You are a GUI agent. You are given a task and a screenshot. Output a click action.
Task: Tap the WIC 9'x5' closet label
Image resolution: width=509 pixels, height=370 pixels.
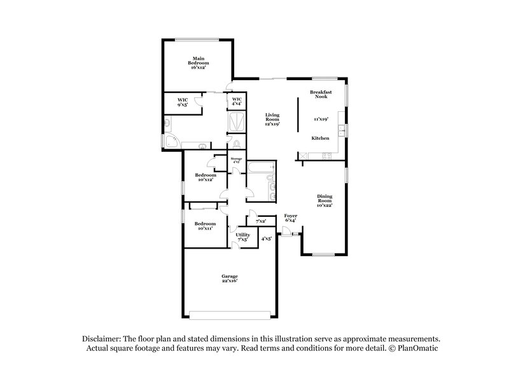click(182, 102)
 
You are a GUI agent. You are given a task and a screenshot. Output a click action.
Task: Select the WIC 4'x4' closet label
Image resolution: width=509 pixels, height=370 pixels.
click(237, 102)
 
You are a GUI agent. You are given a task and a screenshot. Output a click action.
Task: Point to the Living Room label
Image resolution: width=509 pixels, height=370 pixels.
click(272, 119)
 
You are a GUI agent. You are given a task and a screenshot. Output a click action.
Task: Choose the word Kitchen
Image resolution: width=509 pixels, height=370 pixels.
click(320, 138)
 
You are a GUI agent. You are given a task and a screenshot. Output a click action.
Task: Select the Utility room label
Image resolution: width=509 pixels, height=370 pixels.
click(243, 237)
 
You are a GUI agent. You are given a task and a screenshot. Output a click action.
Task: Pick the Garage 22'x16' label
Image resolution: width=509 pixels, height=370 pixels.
click(230, 278)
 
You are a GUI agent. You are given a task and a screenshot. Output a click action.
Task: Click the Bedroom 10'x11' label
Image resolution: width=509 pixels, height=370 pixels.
click(205, 226)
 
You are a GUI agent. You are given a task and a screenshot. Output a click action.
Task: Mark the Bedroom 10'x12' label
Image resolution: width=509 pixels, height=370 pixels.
click(204, 177)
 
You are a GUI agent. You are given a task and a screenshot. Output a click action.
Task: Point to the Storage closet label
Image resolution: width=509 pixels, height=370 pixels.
click(236, 160)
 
